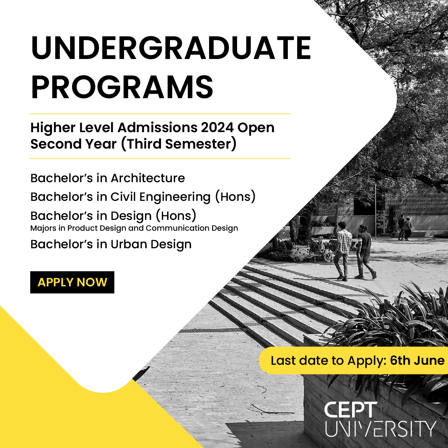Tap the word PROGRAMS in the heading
coord(122,87)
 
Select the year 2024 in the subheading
coord(217,128)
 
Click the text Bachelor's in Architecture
coord(108,178)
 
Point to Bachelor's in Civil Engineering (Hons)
coord(143,197)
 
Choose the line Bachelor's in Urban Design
coord(111,244)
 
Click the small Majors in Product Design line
coord(134,228)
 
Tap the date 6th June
coord(417,361)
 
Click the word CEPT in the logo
coord(351,410)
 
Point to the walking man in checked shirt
coord(343,250)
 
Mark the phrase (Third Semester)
coord(178,144)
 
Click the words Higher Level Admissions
coord(114,128)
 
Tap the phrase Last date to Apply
coord(328,361)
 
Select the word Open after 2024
coord(256,128)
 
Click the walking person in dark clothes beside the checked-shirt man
coord(365,252)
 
